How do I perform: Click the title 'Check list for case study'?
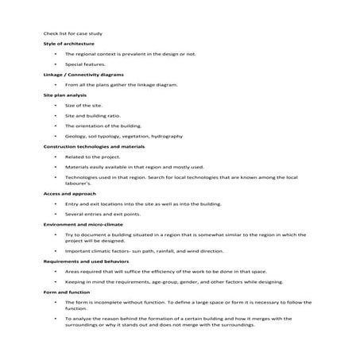[x=72, y=33]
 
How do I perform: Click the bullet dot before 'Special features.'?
[x=55, y=64]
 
